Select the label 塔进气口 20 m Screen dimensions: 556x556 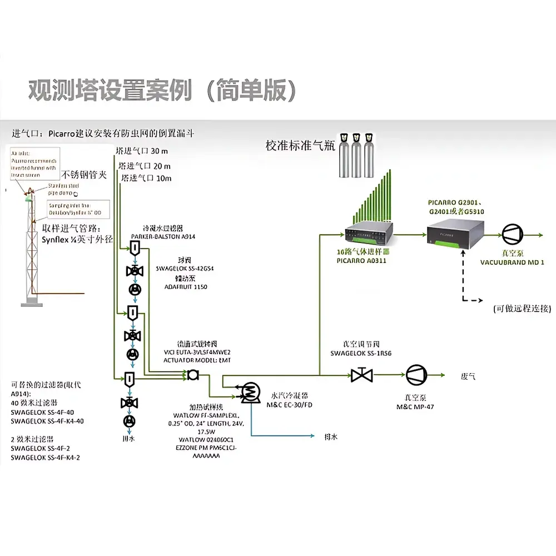click(x=145, y=166)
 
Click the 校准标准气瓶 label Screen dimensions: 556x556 click(x=300, y=146)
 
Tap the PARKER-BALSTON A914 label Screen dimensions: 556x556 click(x=163, y=236)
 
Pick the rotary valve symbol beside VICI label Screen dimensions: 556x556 click(x=193, y=375)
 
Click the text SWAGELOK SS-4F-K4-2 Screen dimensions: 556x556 click(x=46, y=458)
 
